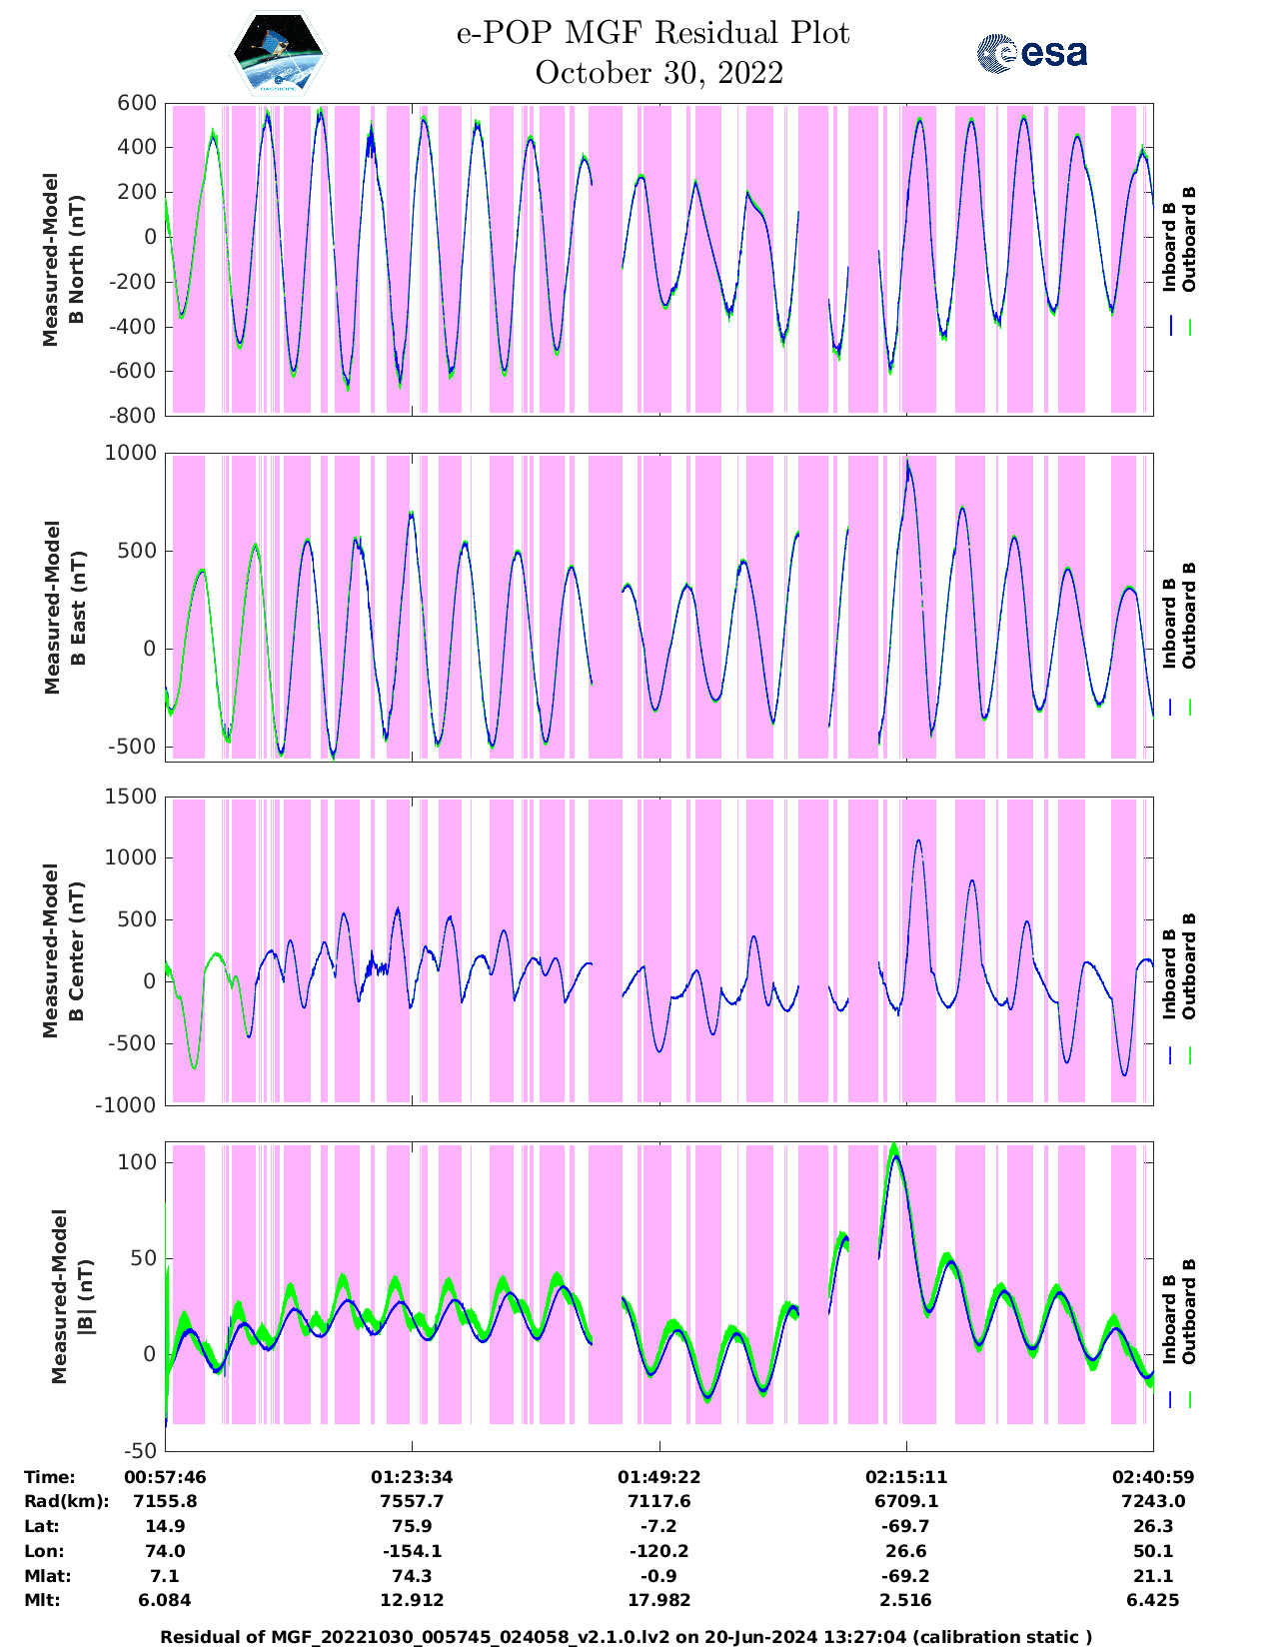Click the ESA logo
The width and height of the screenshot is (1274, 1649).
[x=1032, y=54]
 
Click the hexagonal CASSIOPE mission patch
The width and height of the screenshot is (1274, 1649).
[x=279, y=54]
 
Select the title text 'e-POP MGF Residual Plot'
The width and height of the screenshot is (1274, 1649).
[x=652, y=34]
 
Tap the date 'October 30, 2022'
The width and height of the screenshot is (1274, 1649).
[x=658, y=73]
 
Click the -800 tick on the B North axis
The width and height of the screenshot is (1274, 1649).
[x=133, y=416]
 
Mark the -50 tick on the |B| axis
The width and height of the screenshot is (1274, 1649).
[x=139, y=1450]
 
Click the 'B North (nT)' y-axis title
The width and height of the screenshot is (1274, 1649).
[x=60, y=260]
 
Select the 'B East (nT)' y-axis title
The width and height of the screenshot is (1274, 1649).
[x=60, y=607]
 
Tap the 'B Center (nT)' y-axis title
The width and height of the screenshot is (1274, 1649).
[x=60, y=950]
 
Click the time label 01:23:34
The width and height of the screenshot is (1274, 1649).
[x=412, y=1477]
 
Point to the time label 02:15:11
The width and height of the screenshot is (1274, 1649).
[x=906, y=1477]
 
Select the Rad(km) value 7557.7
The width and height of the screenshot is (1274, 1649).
[x=412, y=1501]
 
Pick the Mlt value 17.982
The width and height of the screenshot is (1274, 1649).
[x=658, y=1600]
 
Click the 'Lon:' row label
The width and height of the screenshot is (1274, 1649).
[x=44, y=1551]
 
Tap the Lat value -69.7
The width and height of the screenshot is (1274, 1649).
[x=906, y=1526]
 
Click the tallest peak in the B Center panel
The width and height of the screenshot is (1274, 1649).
[x=918, y=841]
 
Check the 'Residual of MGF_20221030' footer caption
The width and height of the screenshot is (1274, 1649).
[x=626, y=1637]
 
